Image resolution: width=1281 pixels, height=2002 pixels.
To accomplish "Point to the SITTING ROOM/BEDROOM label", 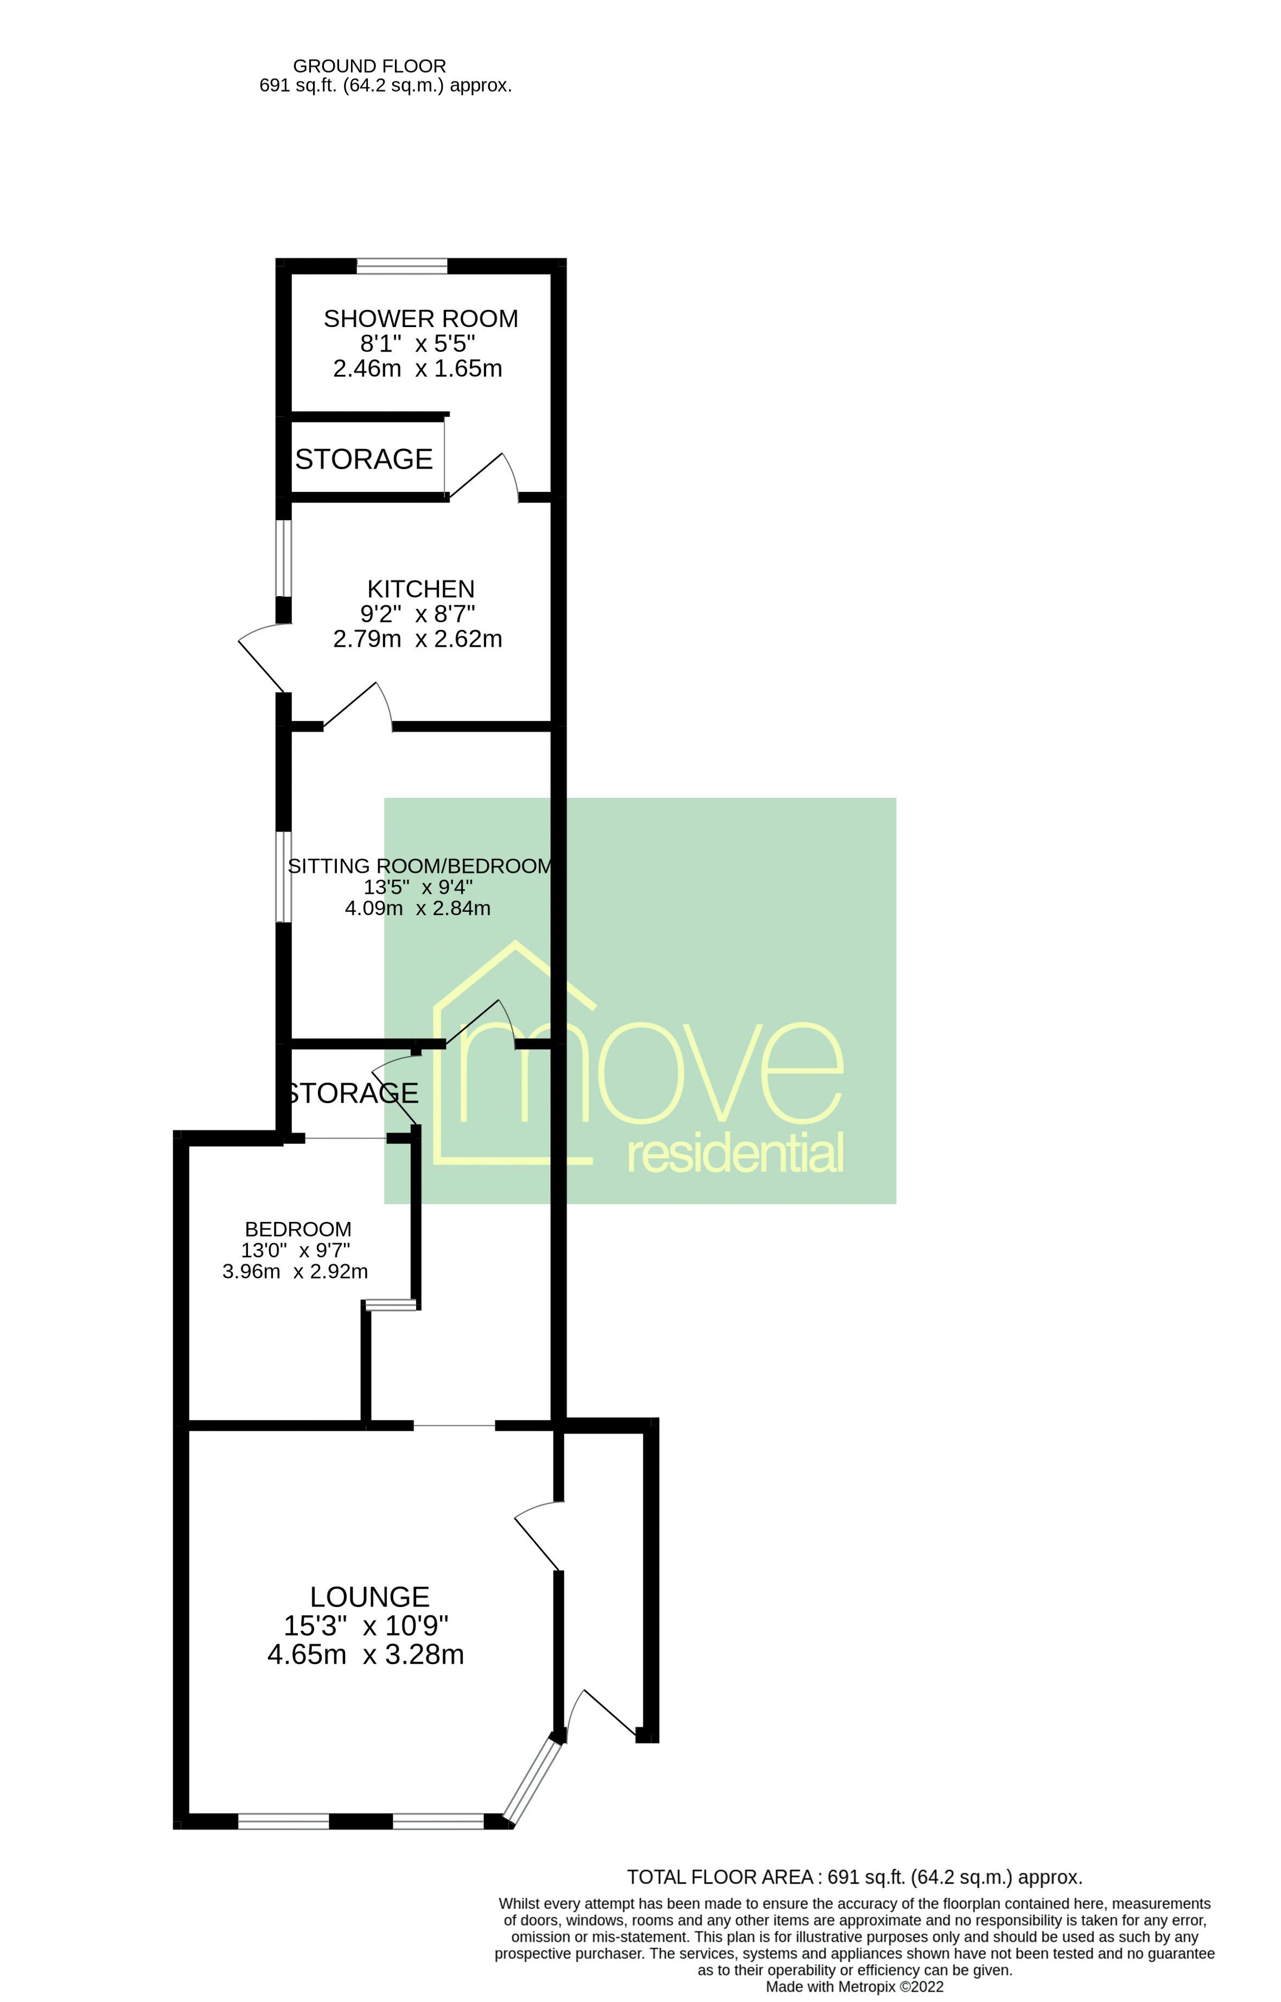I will click(x=420, y=866).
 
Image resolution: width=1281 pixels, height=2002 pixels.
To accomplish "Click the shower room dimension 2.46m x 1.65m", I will click(x=418, y=368).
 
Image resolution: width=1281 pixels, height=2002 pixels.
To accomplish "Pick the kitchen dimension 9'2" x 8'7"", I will click(x=418, y=613).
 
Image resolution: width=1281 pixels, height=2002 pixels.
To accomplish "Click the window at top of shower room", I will click(x=401, y=266).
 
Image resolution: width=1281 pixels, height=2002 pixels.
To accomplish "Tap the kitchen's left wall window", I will click(x=284, y=558).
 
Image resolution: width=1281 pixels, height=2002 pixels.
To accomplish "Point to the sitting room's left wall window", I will click(x=284, y=877).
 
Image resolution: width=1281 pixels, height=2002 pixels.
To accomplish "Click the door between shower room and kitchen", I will click(x=482, y=476).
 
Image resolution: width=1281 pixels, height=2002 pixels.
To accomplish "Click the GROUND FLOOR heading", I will click(x=369, y=66).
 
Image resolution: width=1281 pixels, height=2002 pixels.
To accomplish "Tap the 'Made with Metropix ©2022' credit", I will click(x=855, y=1987).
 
